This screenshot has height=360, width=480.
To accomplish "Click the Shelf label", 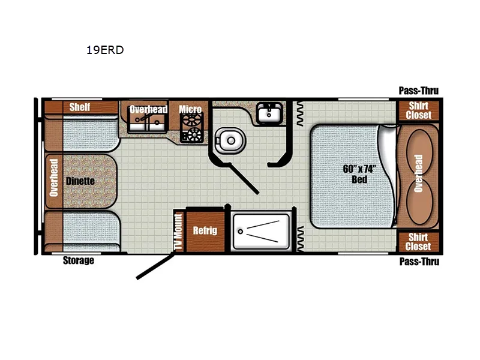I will [79, 107].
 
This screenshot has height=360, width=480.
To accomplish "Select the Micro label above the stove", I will [190, 109].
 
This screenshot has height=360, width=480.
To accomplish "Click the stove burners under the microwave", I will [193, 128].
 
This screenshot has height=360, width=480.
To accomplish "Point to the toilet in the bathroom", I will [229, 140].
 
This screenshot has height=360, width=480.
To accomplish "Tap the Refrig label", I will [205, 230].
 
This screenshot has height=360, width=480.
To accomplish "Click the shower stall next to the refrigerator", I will [262, 231].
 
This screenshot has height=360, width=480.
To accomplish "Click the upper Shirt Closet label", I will [418, 110].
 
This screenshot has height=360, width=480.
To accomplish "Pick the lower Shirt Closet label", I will [418, 242].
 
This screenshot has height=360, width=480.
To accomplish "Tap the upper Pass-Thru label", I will [419, 91].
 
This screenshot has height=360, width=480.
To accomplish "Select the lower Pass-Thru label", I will [419, 262].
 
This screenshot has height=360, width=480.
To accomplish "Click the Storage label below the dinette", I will [79, 261].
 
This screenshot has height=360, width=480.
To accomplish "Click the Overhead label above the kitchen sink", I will [148, 109].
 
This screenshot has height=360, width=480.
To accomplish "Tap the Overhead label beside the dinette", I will [53, 178].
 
